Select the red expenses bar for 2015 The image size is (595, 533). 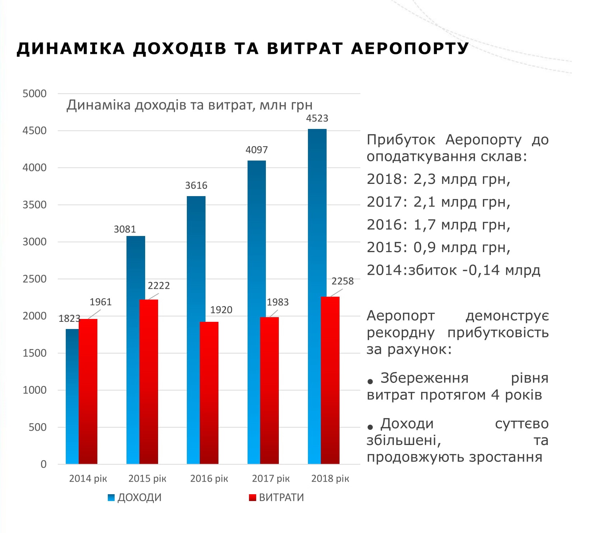(149, 381)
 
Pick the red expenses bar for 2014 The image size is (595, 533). (88, 391)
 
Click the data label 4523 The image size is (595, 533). (317, 118)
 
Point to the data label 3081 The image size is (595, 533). (125, 229)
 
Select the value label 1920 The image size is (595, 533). (221, 310)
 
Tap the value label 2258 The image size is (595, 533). (342, 281)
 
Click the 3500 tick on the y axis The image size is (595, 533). (34, 205)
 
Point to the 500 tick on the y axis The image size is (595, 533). (37, 427)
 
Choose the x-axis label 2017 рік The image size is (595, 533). (271, 478)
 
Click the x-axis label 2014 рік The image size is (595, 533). (88, 478)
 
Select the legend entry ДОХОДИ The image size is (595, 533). (139, 497)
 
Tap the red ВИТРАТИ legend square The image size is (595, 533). (253, 497)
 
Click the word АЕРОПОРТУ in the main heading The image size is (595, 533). (410, 48)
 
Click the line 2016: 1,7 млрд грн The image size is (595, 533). (438, 225)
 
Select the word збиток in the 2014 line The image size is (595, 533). (432, 270)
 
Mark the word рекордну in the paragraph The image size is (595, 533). (400, 333)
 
